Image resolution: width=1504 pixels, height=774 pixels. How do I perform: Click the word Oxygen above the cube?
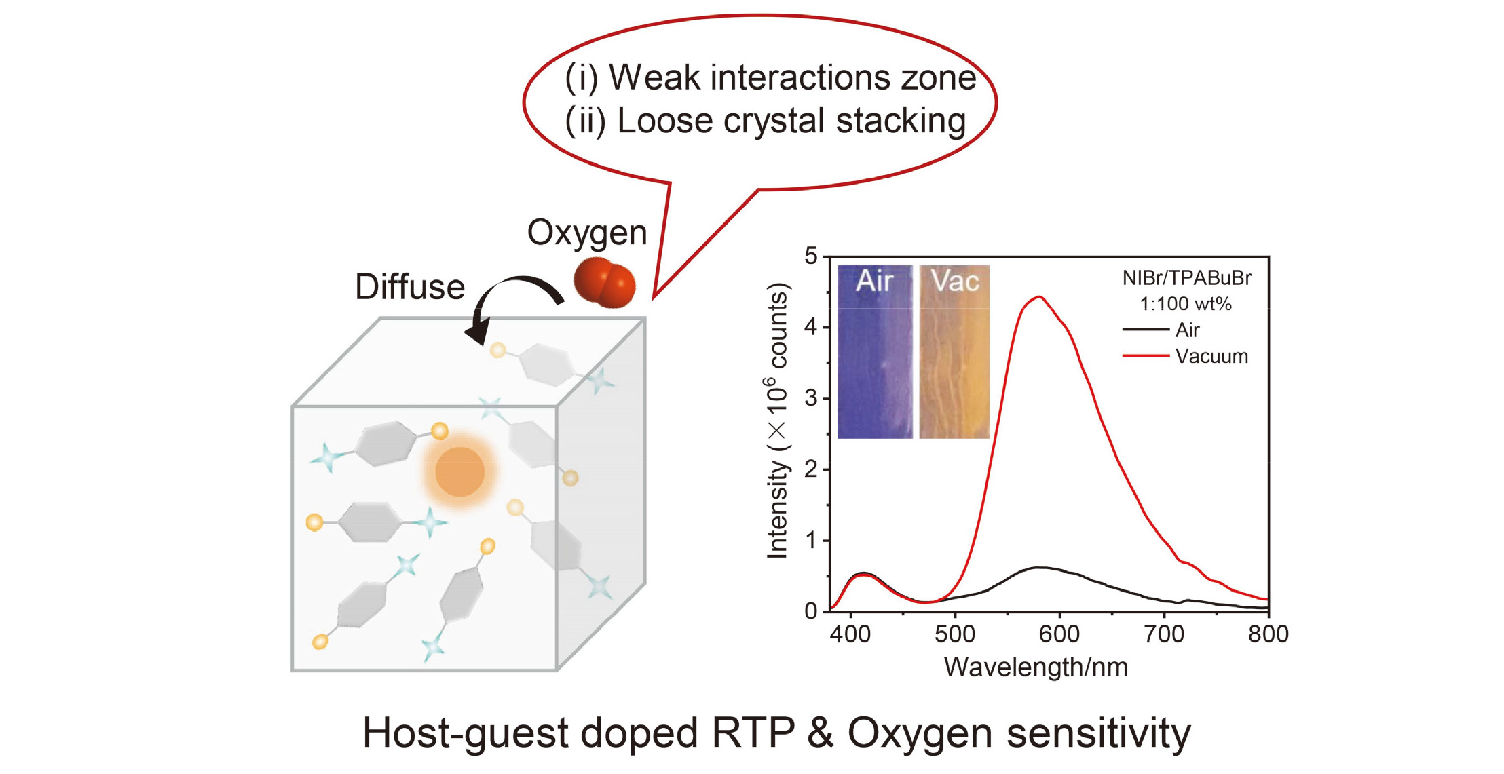tap(587, 233)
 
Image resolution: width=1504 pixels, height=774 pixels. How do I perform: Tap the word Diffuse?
tap(409, 287)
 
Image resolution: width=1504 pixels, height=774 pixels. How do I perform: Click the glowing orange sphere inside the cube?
tap(459, 472)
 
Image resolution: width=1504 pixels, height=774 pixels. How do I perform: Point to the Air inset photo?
tap(874, 351)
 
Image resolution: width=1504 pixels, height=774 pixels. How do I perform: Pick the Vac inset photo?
tap(954, 351)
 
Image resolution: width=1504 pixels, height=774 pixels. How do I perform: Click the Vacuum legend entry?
tap(1211, 356)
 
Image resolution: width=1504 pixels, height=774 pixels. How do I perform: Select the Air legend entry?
tap(1187, 330)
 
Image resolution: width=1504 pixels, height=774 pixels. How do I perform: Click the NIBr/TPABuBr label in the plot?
tap(1186, 278)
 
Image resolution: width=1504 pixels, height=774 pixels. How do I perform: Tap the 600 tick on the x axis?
tap(1059, 634)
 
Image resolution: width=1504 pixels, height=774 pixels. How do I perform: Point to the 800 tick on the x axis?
tap(1268, 634)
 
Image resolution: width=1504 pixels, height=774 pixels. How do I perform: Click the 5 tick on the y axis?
tap(811, 256)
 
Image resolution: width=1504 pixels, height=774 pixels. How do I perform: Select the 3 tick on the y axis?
tap(811, 398)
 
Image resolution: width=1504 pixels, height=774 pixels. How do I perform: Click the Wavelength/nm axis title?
tap(1036, 667)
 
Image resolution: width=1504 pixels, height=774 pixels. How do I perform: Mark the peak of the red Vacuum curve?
tap(1039, 297)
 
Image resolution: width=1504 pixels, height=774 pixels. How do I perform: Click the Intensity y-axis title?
tap(778, 421)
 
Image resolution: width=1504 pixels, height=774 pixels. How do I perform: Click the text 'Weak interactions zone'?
tap(792, 77)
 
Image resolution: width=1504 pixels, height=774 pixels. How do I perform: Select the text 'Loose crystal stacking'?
tap(791, 121)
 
